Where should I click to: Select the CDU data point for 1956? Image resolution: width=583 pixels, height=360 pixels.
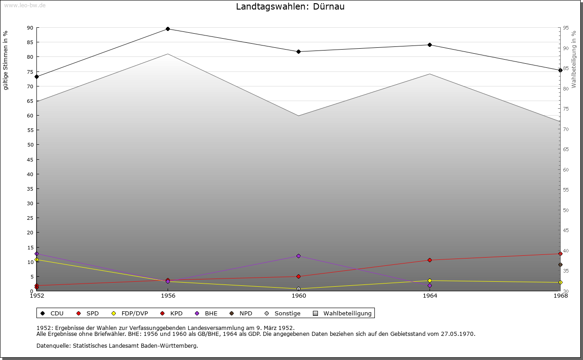point(168,29)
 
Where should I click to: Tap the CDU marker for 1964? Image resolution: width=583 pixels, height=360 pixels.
point(430,45)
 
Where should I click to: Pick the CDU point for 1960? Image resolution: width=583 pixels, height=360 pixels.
point(298,51)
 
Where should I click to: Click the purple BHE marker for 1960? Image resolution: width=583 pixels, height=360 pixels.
point(298,256)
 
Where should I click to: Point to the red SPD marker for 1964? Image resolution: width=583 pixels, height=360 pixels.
point(430,260)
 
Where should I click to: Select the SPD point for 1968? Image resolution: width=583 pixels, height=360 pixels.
point(560,254)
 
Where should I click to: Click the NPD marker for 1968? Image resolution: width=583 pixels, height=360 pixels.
point(560,264)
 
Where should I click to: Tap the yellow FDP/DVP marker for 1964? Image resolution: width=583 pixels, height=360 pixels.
point(430,280)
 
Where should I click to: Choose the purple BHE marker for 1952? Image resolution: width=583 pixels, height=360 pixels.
point(36,254)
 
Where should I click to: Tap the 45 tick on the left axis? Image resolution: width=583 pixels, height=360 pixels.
point(30,159)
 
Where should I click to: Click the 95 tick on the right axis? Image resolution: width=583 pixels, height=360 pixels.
point(565,28)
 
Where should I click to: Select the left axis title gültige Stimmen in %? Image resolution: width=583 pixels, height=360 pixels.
point(6,60)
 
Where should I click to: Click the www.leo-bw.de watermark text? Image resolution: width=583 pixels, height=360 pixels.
point(25,5)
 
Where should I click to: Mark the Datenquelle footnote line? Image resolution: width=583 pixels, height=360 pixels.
point(117,345)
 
